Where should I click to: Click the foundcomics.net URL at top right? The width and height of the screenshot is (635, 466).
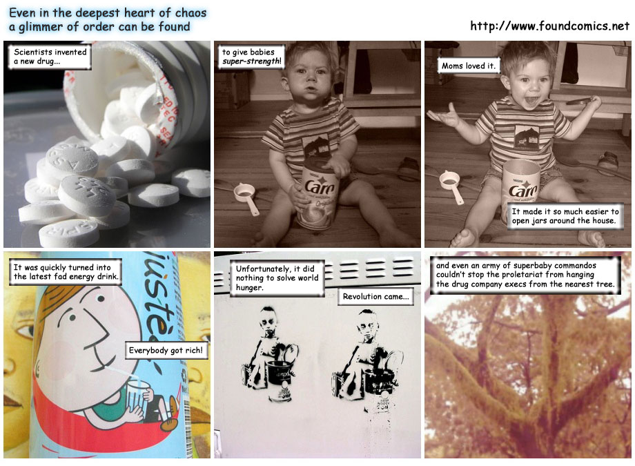click(x=549, y=26)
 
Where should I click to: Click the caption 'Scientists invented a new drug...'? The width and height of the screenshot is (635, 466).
click(x=50, y=57)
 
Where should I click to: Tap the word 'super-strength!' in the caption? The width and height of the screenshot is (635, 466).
click(x=251, y=61)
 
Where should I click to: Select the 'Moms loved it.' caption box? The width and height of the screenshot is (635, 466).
click(x=469, y=66)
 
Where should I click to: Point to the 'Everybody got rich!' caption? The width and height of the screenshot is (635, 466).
click(x=166, y=350)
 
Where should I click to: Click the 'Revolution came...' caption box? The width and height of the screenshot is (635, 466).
click(x=375, y=297)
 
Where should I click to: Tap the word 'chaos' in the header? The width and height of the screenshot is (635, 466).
click(x=190, y=13)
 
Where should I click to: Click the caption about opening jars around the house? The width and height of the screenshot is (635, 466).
click(x=565, y=216)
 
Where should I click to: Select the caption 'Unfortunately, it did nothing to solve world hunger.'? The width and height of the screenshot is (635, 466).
click(x=277, y=278)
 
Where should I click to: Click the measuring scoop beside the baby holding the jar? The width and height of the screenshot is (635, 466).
click(x=246, y=197)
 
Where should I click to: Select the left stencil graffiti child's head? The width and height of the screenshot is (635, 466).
click(x=268, y=320)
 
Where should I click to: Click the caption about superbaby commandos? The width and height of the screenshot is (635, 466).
click(x=525, y=275)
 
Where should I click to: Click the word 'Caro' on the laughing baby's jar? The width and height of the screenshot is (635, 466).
click(x=522, y=189)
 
